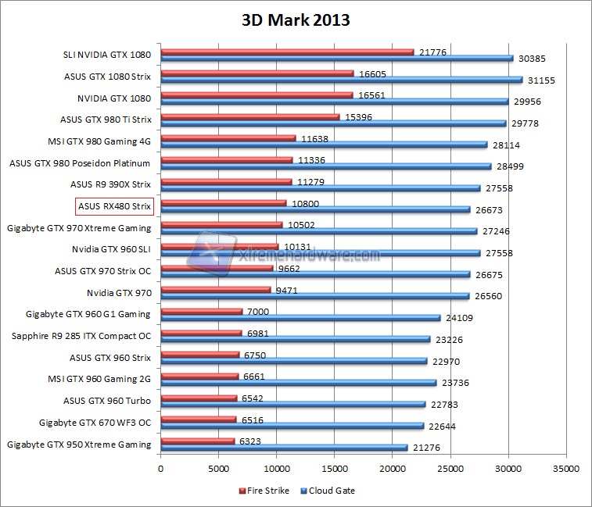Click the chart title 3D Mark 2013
tap(295, 20)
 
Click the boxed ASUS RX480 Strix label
tap(114, 206)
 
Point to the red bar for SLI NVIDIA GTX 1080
tap(287, 52)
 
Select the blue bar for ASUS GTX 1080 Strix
tap(342, 80)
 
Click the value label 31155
tap(542, 80)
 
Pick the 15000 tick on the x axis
tap(335, 469)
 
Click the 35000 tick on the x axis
tap(566, 469)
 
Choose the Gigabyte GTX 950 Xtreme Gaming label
tap(79, 445)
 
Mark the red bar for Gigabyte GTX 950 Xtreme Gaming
tap(198, 441)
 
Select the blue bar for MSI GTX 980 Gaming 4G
tap(325, 145)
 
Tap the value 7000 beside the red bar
tap(258, 312)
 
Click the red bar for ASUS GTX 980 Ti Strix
tap(250, 117)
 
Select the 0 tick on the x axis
tap(161, 469)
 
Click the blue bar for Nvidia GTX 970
tap(315, 296)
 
